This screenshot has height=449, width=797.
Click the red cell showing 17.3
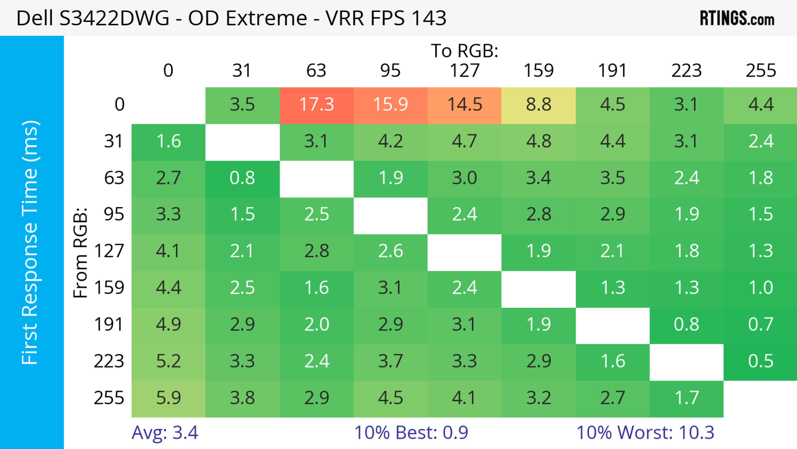coord(317,105)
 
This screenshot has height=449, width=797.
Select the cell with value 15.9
coord(390,105)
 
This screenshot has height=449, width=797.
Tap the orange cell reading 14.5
coord(465,105)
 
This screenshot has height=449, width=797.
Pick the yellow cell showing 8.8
coord(538,105)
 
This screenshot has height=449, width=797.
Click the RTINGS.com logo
coord(737,18)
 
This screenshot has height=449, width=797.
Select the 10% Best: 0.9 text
coord(411,433)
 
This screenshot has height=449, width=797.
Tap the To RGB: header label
coord(465,51)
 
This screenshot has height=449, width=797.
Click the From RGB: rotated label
coord(81,252)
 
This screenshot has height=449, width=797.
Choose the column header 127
coord(465,71)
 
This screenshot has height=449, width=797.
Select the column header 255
coord(760,71)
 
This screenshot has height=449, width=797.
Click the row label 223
coord(109,361)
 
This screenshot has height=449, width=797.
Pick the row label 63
coord(114,178)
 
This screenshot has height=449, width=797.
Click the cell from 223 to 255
coord(760,361)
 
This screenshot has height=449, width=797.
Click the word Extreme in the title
coord(266,18)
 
